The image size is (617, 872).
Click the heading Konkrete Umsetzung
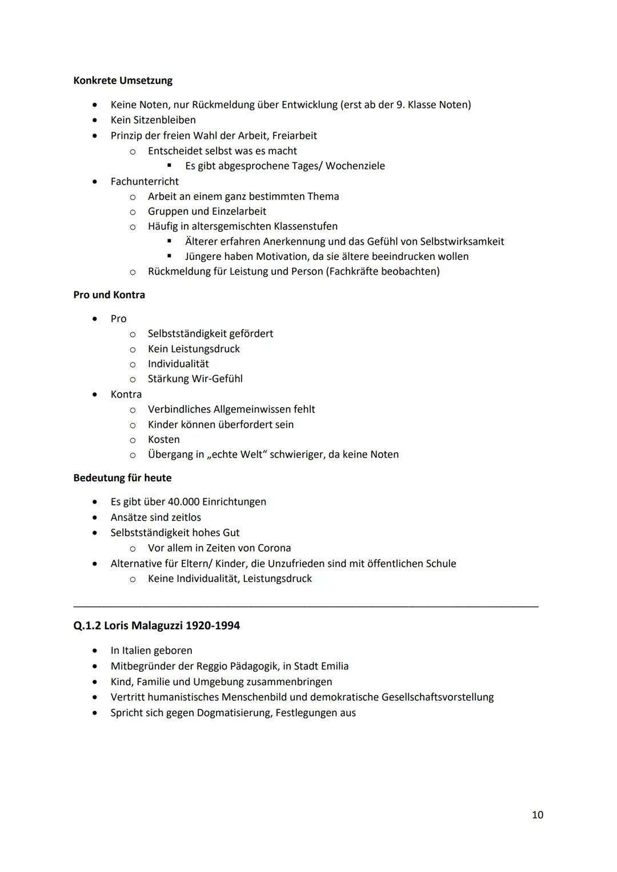pyautogui.click(x=123, y=81)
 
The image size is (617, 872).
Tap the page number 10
pyautogui.click(x=537, y=815)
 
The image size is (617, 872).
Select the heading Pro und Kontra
pyautogui.click(x=109, y=295)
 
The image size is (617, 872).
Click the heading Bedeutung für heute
pyautogui.click(x=122, y=478)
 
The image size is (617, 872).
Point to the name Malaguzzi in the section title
pyautogui.click(x=154, y=625)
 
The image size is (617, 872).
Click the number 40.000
pyautogui.click(x=183, y=502)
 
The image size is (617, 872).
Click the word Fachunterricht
pyautogui.click(x=145, y=182)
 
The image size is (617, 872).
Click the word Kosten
pyautogui.click(x=164, y=440)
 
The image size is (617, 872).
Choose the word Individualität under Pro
pyautogui.click(x=178, y=364)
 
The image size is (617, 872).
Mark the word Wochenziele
pyautogui.click(x=355, y=166)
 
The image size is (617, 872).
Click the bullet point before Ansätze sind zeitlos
pyautogui.click(x=95, y=517)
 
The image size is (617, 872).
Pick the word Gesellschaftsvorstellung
pyautogui.click(x=437, y=697)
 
